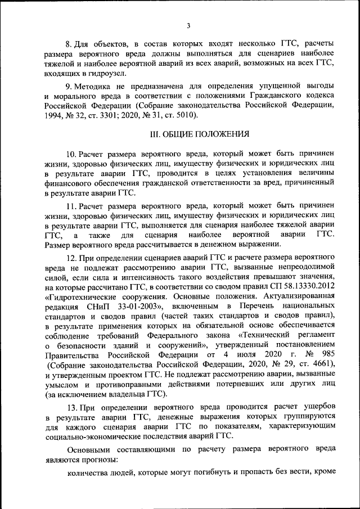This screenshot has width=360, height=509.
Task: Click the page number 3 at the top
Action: click(189, 25)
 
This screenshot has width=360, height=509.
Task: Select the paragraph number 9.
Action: click(69, 85)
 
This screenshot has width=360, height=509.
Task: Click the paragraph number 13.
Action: click(71, 406)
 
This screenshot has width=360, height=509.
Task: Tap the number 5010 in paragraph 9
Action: click(183, 115)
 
